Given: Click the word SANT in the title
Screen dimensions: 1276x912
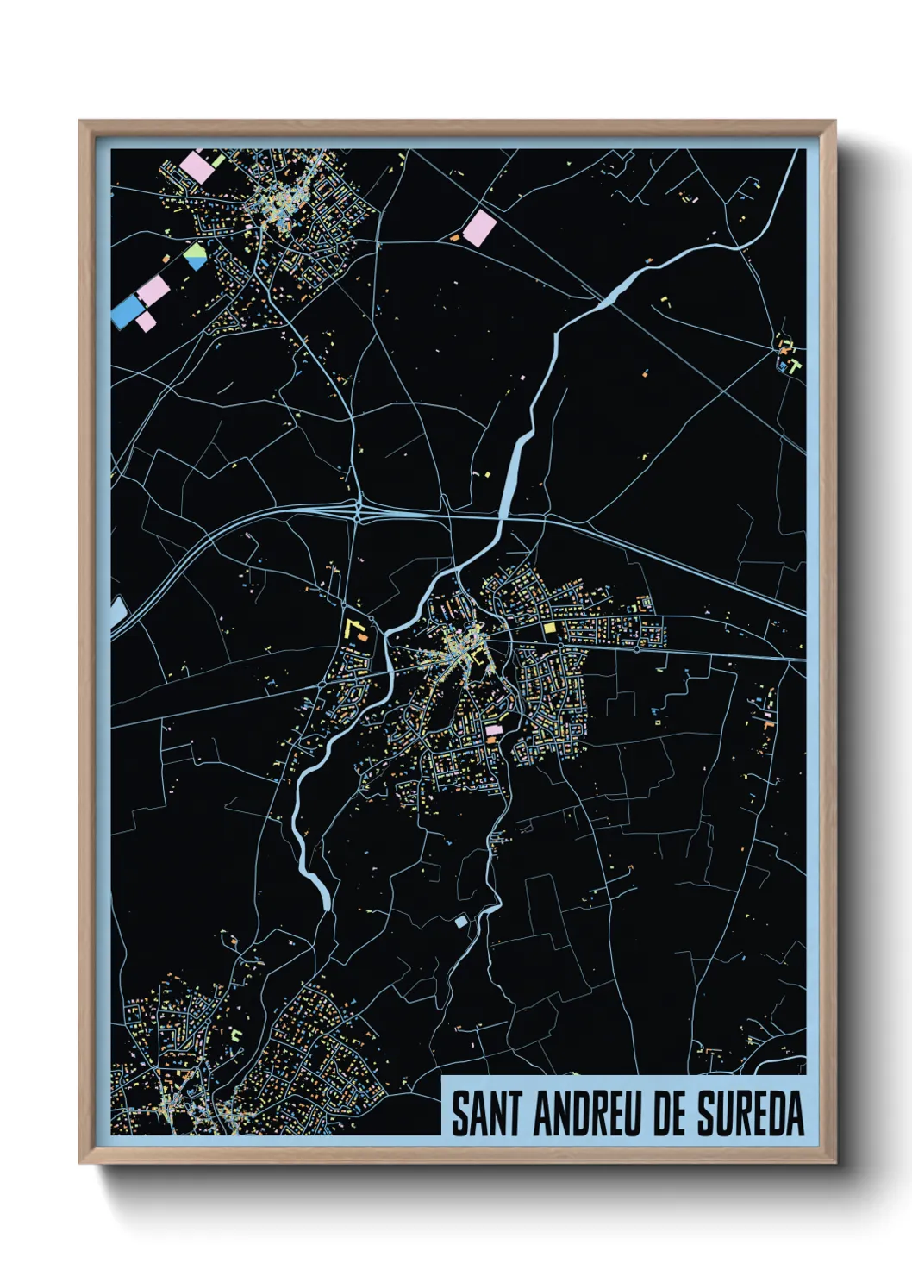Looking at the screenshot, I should pyautogui.click(x=485, y=1114).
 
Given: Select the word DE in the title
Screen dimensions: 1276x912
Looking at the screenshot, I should pyautogui.click(x=670, y=1114).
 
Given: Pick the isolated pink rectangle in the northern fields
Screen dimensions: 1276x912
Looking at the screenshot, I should pyautogui.click(x=479, y=228).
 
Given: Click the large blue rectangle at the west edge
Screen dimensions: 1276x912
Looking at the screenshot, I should pyautogui.click(x=127, y=311).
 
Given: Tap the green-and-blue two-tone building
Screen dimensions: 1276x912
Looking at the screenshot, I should pyautogui.click(x=196, y=256).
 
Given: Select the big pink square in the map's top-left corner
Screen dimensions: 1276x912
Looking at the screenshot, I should pyautogui.click(x=197, y=166).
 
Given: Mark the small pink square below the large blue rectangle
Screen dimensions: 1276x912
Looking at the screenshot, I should pyautogui.click(x=146, y=322).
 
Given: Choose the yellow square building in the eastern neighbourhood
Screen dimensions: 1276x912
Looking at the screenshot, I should pyautogui.click(x=549, y=629).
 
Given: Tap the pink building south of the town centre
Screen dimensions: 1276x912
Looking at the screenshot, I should pyautogui.click(x=493, y=730).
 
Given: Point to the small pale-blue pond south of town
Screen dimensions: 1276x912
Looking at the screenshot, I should pyautogui.click(x=461, y=922).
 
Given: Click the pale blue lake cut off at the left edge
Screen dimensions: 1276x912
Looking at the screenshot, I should pyautogui.click(x=116, y=613).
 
